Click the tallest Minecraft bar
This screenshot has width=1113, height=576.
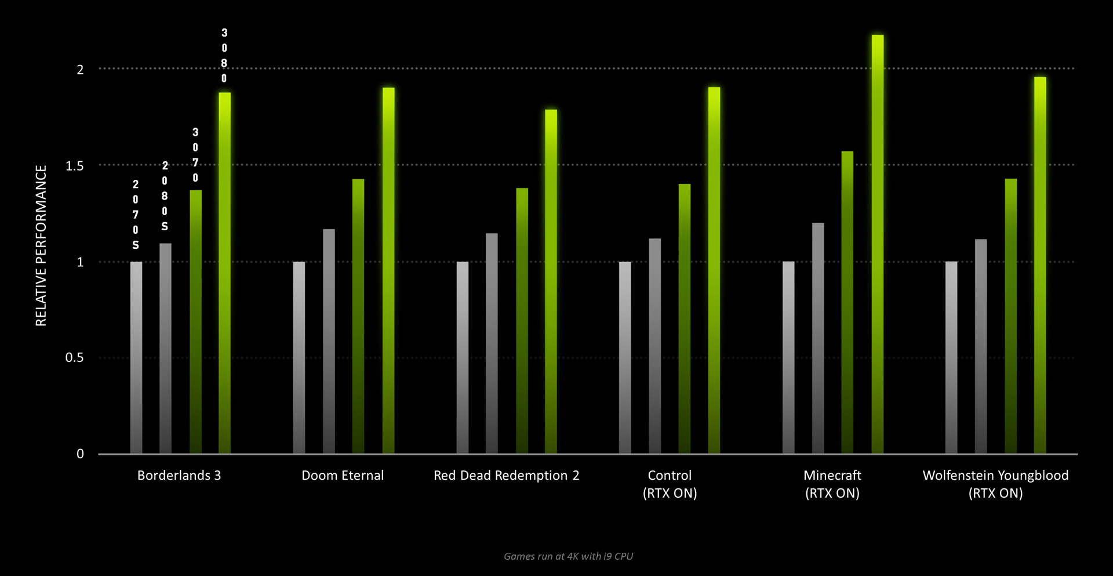pyautogui.click(x=877, y=244)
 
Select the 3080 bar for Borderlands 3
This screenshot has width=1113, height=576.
pyautogui.click(x=224, y=273)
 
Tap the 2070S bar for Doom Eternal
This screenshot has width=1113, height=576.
pyautogui.click(x=299, y=357)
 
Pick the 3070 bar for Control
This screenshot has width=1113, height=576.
pyautogui.click(x=685, y=319)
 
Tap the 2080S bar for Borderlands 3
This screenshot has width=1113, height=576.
pyautogui.click(x=165, y=348)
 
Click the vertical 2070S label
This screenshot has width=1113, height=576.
pyautogui.click(x=136, y=215)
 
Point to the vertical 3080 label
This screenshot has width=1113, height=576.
pyautogui.click(x=224, y=56)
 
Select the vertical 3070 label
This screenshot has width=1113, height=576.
pyautogui.click(x=195, y=155)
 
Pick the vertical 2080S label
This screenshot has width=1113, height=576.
pyautogui.click(x=165, y=196)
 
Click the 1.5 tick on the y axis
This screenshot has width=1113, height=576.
pyautogui.click(x=75, y=166)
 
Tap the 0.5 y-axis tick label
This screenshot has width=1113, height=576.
pyautogui.click(x=75, y=358)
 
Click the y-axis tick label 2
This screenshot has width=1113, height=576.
pyautogui.click(x=81, y=70)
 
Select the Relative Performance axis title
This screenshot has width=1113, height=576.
pyautogui.click(x=41, y=245)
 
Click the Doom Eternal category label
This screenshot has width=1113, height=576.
pyautogui.click(x=343, y=476)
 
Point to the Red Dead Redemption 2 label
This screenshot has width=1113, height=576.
pyautogui.click(x=506, y=476)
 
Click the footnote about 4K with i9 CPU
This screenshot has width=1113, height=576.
pyautogui.click(x=568, y=556)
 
